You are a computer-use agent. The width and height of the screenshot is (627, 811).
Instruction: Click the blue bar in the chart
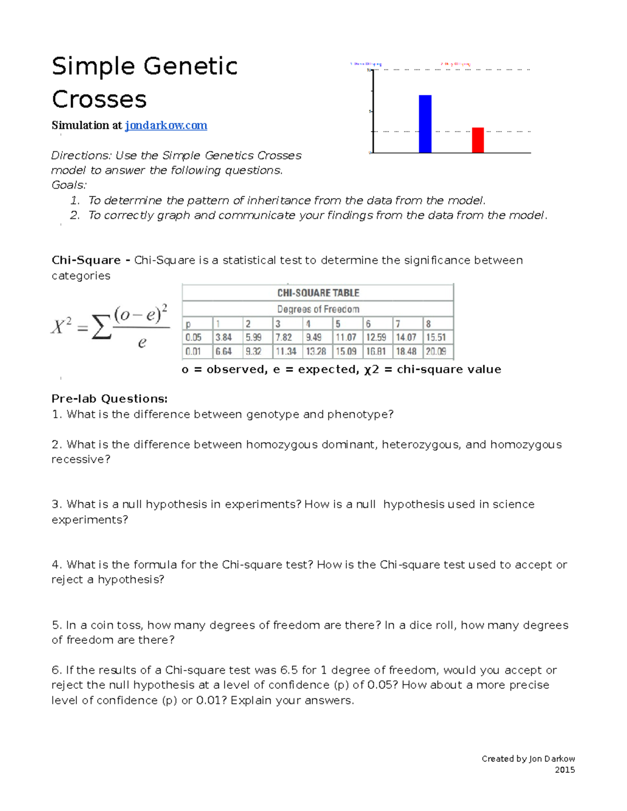[425, 124]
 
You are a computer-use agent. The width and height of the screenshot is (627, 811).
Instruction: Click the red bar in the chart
[478, 140]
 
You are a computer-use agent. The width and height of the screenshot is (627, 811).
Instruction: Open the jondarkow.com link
[166, 125]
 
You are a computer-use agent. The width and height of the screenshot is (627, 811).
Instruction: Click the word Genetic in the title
[190, 66]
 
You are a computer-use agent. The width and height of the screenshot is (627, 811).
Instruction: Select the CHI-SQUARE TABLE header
[318, 293]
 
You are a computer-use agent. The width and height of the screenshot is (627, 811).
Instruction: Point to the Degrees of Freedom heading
[318, 309]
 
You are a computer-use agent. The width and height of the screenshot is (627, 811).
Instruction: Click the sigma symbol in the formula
[101, 327]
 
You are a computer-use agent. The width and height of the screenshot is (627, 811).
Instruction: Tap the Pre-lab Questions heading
[109, 399]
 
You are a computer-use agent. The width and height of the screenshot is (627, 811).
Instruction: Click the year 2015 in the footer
[564, 770]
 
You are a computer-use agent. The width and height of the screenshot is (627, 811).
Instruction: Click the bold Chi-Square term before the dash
[86, 260]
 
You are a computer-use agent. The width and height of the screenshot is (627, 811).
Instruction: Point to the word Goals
[68, 185]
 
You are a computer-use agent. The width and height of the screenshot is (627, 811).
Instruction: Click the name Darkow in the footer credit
[560, 759]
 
